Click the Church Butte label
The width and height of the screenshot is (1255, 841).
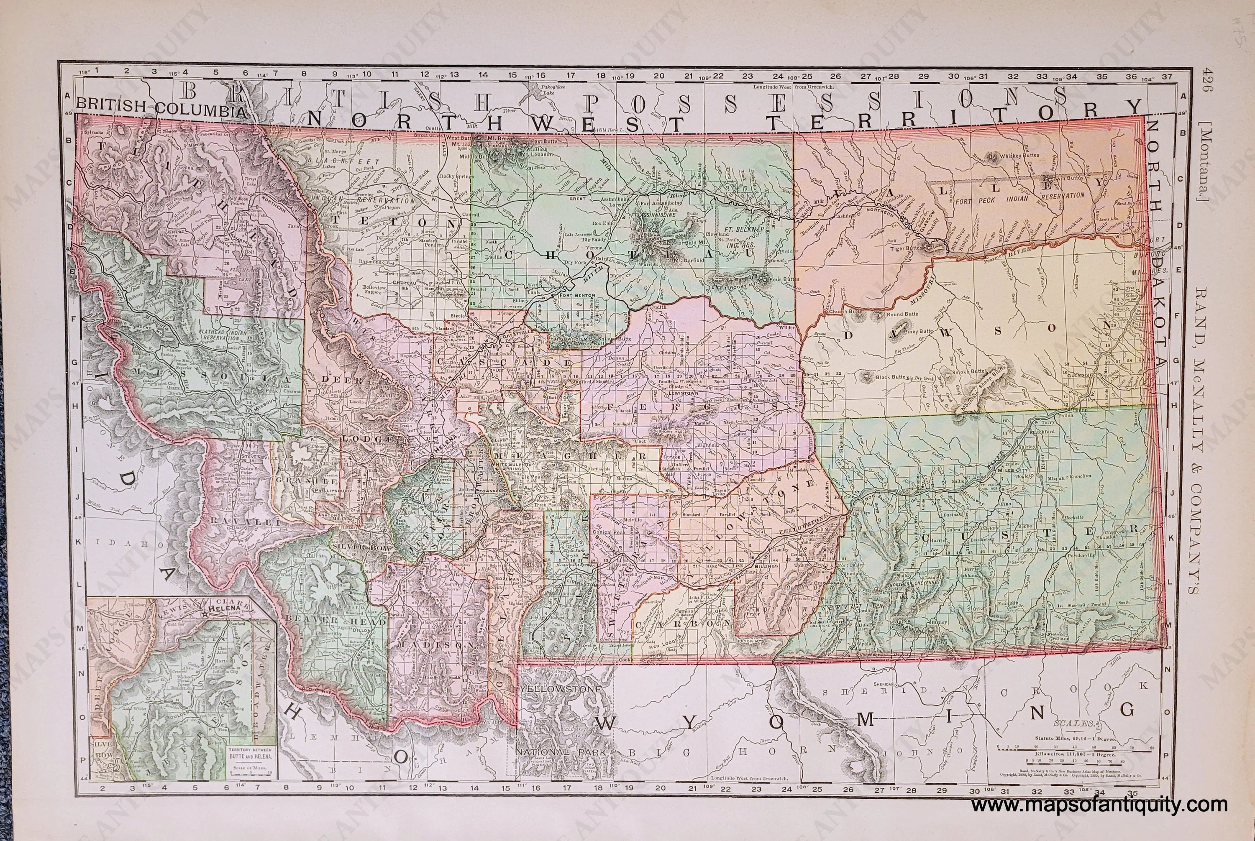coord(845,312)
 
